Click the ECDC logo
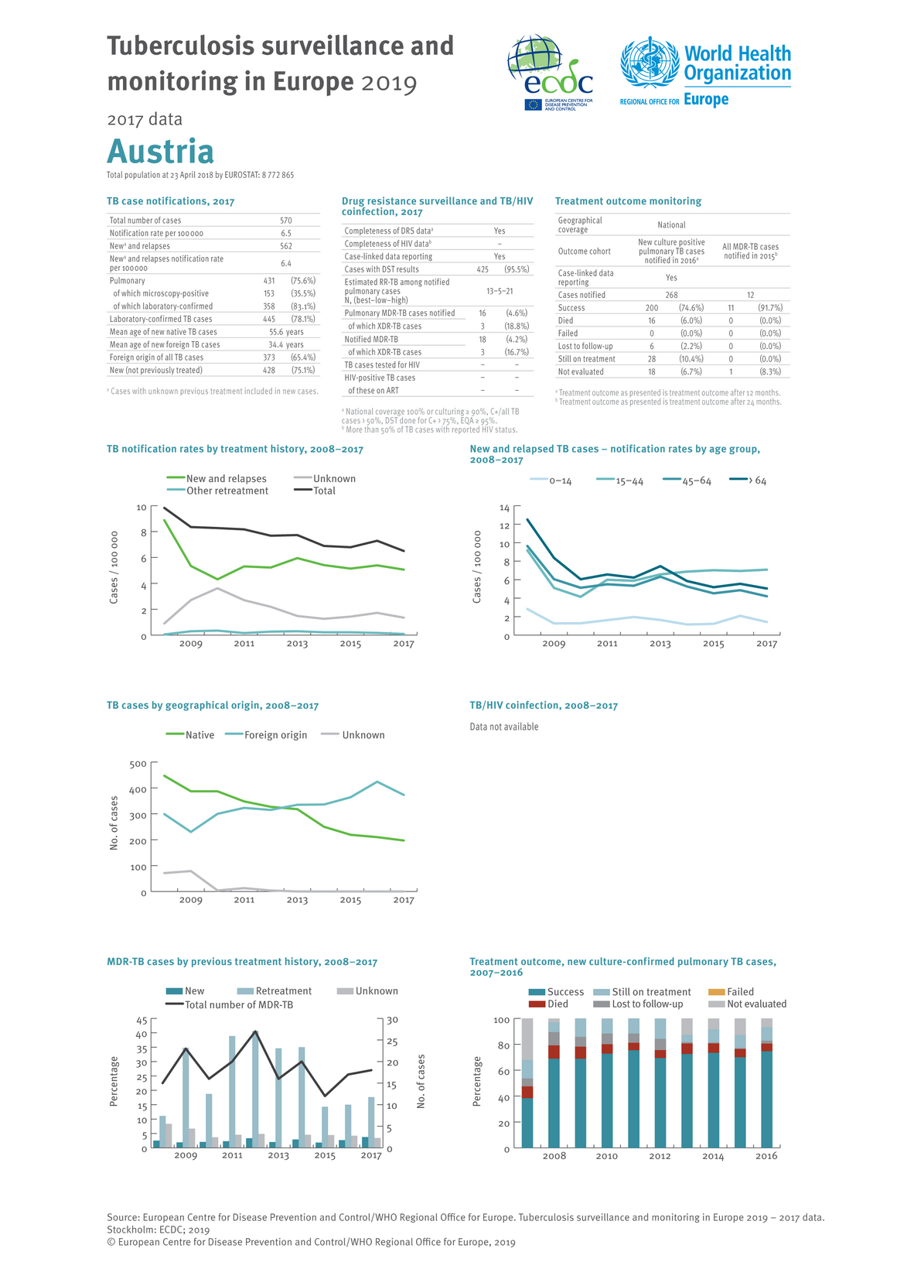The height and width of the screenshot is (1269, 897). tap(550, 74)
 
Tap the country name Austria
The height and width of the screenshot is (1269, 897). tap(160, 151)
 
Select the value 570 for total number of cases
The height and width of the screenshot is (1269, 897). tap(285, 221)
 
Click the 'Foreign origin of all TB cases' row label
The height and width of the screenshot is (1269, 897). tap(156, 357)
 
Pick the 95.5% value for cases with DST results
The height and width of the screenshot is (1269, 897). tap(516, 269)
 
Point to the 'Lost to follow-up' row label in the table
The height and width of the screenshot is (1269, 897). tap(585, 346)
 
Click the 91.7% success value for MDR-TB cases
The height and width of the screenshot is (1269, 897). tap(770, 308)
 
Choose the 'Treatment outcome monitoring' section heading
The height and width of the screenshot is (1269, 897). tap(628, 201)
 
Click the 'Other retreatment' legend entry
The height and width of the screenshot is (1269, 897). tap(227, 491)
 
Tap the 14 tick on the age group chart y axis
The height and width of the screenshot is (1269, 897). tap(505, 508)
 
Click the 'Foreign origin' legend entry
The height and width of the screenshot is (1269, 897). tap(275, 735)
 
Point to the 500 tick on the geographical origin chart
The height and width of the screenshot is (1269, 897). tap(138, 764)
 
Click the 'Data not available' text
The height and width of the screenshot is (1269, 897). tap(504, 727)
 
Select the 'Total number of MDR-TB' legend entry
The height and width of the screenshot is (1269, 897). tap(238, 1004)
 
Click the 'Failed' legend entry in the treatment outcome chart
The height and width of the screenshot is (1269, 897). tap(740, 992)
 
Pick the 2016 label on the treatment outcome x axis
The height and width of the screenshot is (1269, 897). tap(766, 1156)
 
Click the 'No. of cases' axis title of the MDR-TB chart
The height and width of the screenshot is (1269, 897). tap(421, 1081)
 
